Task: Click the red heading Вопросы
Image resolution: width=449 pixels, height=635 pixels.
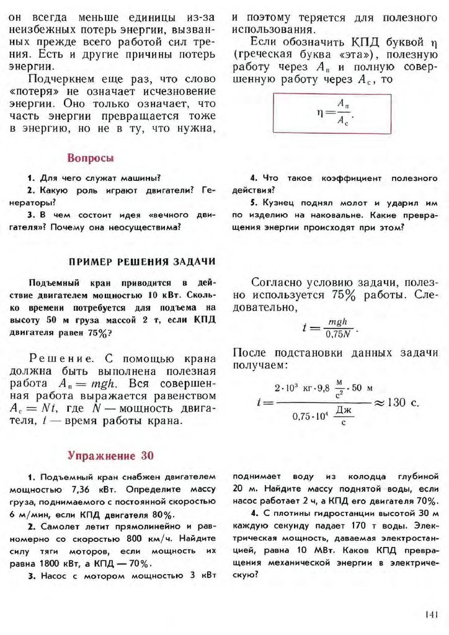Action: click(x=90, y=158)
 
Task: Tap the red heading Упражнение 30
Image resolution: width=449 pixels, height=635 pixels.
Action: click(x=111, y=456)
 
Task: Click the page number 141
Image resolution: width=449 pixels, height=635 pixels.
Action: click(x=432, y=614)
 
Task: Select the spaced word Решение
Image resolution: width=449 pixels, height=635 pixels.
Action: click(x=53, y=358)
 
